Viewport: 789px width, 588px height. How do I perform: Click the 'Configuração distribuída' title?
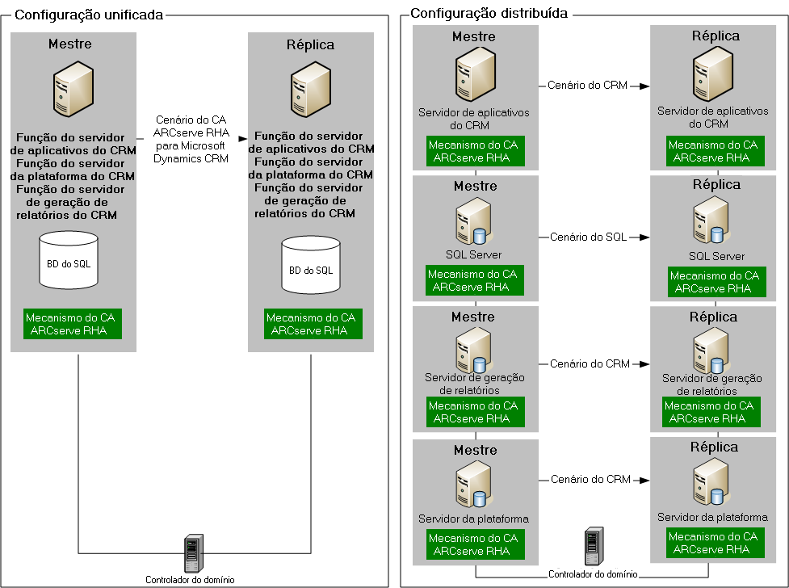[x=489, y=14]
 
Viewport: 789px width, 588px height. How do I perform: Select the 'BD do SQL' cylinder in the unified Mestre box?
[x=69, y=260]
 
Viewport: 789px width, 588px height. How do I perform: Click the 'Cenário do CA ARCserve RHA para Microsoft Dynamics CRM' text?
[x=191, y=140]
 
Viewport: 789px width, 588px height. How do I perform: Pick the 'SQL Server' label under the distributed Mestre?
[x=474, y=255]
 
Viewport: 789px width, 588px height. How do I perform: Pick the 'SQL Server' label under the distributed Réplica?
[x=716, y=256]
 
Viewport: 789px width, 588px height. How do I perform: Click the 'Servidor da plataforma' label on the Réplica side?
[x=712, y=517]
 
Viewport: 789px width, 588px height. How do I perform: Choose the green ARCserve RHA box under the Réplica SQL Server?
[x=715, y=282]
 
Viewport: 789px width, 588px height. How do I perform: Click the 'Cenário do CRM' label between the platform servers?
[x=590, y=480]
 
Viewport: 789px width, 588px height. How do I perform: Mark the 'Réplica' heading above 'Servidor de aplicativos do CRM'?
[x=716, y=36]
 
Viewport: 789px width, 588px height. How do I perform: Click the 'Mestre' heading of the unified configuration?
[x=70, y=44]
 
